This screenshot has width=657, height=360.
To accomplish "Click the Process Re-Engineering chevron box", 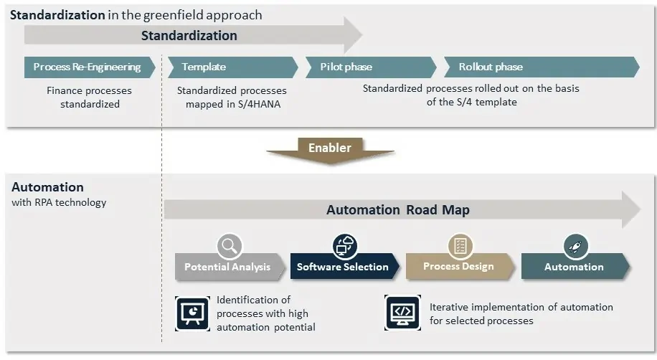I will pos(86,67).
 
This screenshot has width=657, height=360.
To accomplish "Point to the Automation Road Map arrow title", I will pos(398,210).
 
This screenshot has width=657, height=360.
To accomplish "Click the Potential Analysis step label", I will pos(227,267).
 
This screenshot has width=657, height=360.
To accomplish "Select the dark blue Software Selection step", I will pos(343,267).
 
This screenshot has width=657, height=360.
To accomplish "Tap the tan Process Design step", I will pos(458,267).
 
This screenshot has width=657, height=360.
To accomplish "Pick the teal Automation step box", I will pos(574,267).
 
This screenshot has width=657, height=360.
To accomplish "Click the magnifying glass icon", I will pos(230,246).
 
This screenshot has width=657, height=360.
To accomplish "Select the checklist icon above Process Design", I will pos(460,246).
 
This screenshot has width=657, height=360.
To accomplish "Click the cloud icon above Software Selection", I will pos(345,246).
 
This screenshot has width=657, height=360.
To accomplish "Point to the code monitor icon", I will pos(402,313).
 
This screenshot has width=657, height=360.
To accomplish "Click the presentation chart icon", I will pos(192,313).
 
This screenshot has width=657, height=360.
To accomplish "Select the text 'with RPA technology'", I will pos(59,202).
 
